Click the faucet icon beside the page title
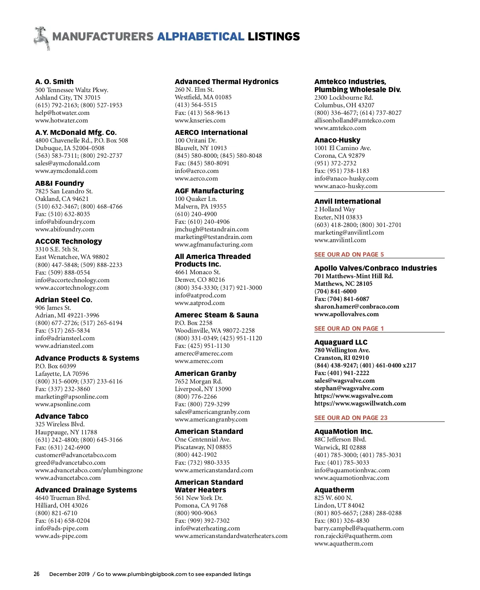point(42,38)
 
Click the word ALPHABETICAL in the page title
point(200,37)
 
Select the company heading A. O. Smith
point(54,82)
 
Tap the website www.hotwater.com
point(62,120)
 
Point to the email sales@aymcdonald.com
point(68,163)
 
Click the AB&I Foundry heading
point(60,183)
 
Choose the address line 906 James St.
point(53,308)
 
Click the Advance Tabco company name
point(62,416)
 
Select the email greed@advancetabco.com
point(70,463)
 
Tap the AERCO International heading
point(211,132)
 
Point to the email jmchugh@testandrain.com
point(212,229)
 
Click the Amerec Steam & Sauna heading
point(216,315)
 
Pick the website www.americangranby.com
point(211,419)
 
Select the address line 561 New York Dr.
point(199,498)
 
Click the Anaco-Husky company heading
point(337,140)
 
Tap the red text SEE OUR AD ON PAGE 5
point(349,255)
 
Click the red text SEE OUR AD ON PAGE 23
point(351,418)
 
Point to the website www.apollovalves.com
point(346,314)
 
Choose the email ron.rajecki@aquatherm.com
point(353,536)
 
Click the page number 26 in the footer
point(36,574)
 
